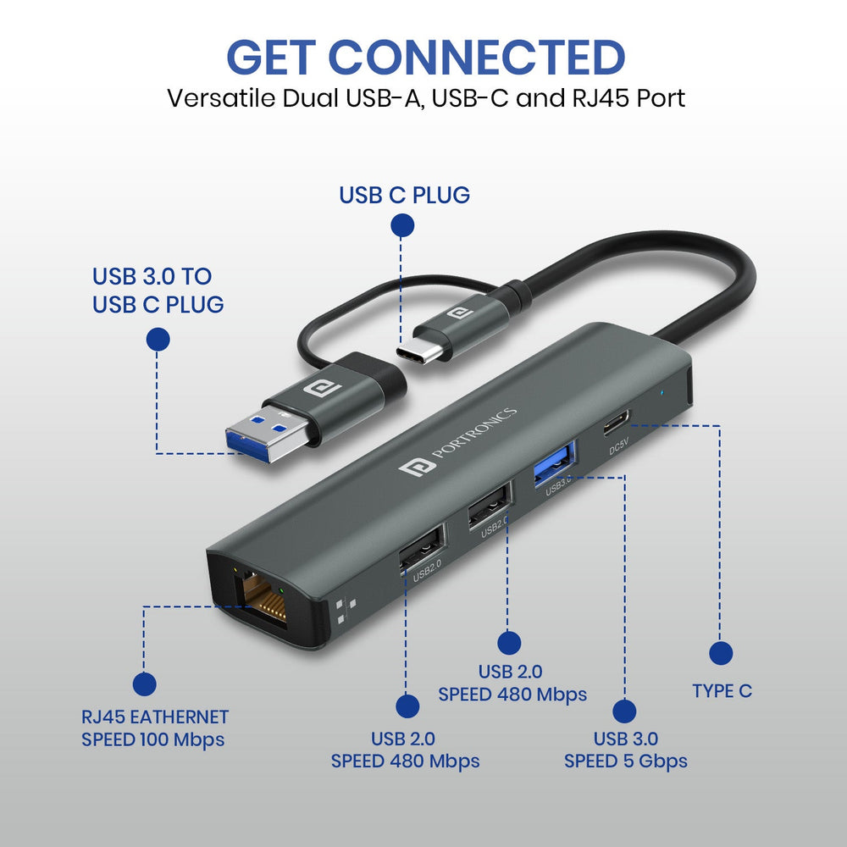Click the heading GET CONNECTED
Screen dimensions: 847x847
(425, 58)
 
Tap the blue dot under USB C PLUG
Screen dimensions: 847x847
(402, 225)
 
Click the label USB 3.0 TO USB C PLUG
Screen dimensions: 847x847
(158, 290)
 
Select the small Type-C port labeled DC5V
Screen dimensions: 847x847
(617, 423)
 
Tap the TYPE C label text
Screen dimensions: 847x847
(722, 691)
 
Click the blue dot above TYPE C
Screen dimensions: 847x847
(721, 653)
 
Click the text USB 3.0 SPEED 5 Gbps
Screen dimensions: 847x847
(626, 750)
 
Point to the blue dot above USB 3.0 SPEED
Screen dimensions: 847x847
(625, 711)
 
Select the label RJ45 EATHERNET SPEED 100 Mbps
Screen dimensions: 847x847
(154, 728)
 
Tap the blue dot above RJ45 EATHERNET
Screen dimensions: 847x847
(145, 684)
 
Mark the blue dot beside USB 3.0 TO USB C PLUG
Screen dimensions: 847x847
(158, 340)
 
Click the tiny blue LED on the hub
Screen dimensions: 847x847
(662, 391)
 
